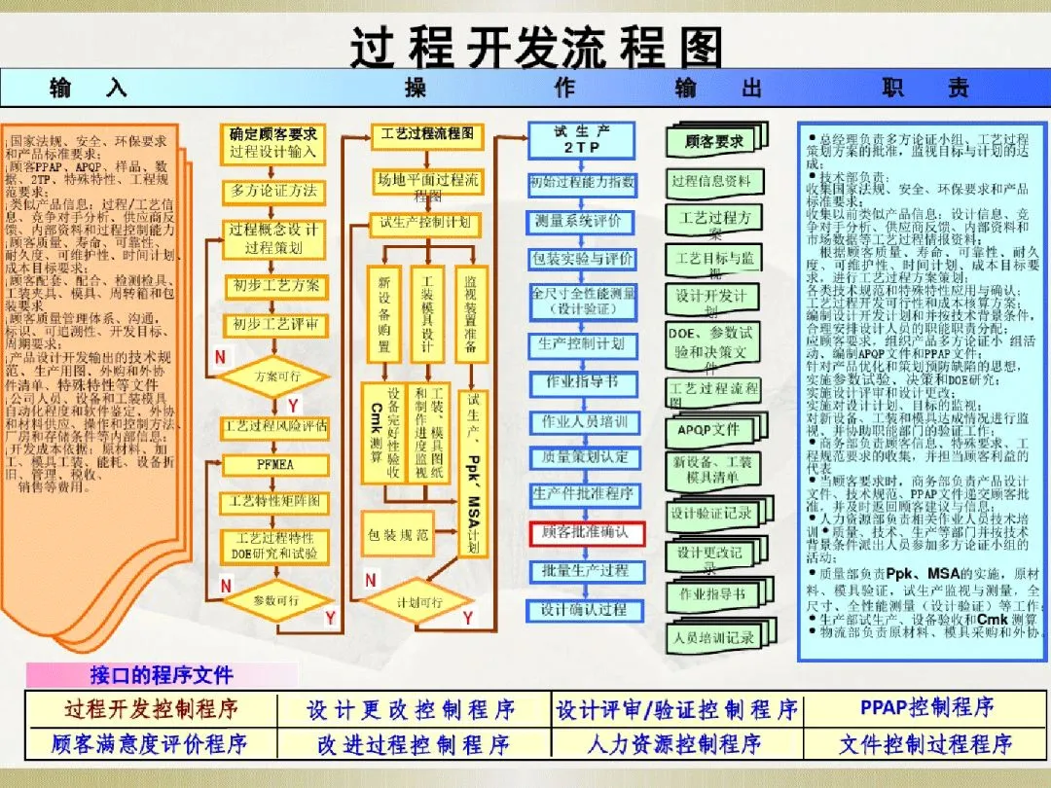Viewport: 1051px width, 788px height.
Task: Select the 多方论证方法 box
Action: [x=273, y=191]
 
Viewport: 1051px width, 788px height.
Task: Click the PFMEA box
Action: [x=274, y=464]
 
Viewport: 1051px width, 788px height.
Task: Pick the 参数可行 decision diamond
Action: [x=275, y=601]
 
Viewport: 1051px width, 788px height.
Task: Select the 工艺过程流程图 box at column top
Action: [x=425, y=133]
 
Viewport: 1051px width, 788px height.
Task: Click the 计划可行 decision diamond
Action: [x=419, y=602]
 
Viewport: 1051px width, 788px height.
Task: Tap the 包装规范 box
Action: [x=400, y=534]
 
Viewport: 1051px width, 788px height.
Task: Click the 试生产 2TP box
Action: [x=581, y=139]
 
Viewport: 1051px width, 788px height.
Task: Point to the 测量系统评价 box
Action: [x=583, y=222]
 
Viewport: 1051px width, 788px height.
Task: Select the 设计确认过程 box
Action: [x=585, y=610]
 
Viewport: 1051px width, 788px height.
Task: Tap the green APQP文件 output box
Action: [x=712, y=429]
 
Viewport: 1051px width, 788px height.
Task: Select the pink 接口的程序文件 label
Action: [x=162, y=675]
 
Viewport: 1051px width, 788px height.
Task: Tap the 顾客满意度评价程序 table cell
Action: [x=150, y=745]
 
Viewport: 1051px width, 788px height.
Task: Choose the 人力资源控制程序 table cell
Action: [x=674, y=745]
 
